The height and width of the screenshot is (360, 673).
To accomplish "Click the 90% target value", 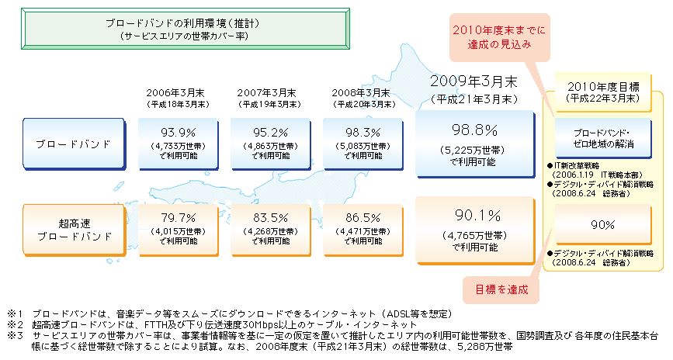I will (602, 225).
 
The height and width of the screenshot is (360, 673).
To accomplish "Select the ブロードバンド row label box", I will (74, 144).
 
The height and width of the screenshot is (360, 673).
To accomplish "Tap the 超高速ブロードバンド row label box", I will (74, 229).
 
